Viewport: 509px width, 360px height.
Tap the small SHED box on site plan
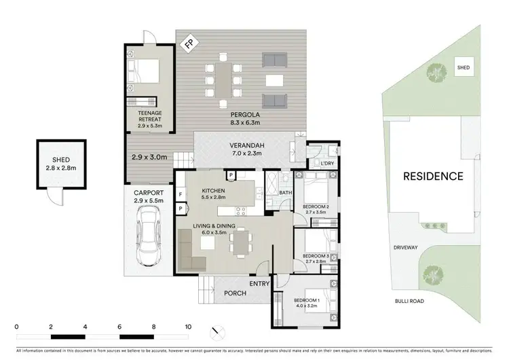(463, 68)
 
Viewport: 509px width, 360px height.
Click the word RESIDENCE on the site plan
(433, 177)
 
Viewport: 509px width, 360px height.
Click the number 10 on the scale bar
(188, 326)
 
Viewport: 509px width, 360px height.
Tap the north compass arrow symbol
(216, 332)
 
